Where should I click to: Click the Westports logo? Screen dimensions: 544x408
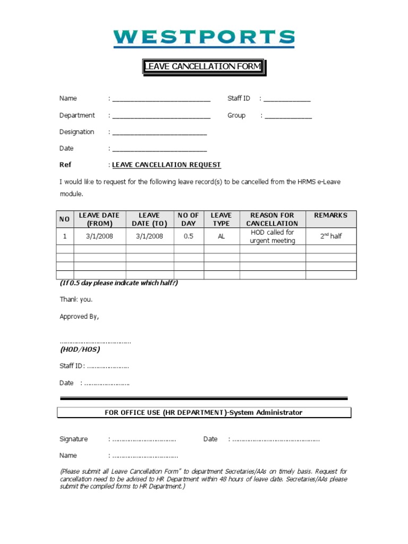(204, 37)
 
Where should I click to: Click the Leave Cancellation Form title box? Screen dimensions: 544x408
(203, 66)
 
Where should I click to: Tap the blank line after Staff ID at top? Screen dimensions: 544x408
(287, 99)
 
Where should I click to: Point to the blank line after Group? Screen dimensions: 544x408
(288, 116)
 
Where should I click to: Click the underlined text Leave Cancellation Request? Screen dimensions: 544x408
(166, 165)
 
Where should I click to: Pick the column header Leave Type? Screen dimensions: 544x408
(222, 219)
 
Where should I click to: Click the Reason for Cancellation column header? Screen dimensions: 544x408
(272, 219)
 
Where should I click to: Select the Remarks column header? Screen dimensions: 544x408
(330, 216)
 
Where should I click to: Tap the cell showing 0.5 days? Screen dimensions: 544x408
(189, 236)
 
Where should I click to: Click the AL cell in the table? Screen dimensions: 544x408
(222, 236)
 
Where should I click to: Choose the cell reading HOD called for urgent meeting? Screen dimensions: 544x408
(272, 236)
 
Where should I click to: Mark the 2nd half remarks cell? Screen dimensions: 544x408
(330, 236)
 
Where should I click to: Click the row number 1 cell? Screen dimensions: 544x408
(65, 236)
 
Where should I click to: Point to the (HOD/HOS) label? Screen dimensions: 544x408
(80, 350)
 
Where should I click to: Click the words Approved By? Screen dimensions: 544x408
(79, 317)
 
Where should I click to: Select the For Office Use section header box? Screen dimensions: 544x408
(204, 413)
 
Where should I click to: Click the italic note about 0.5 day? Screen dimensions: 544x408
(118, 283)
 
